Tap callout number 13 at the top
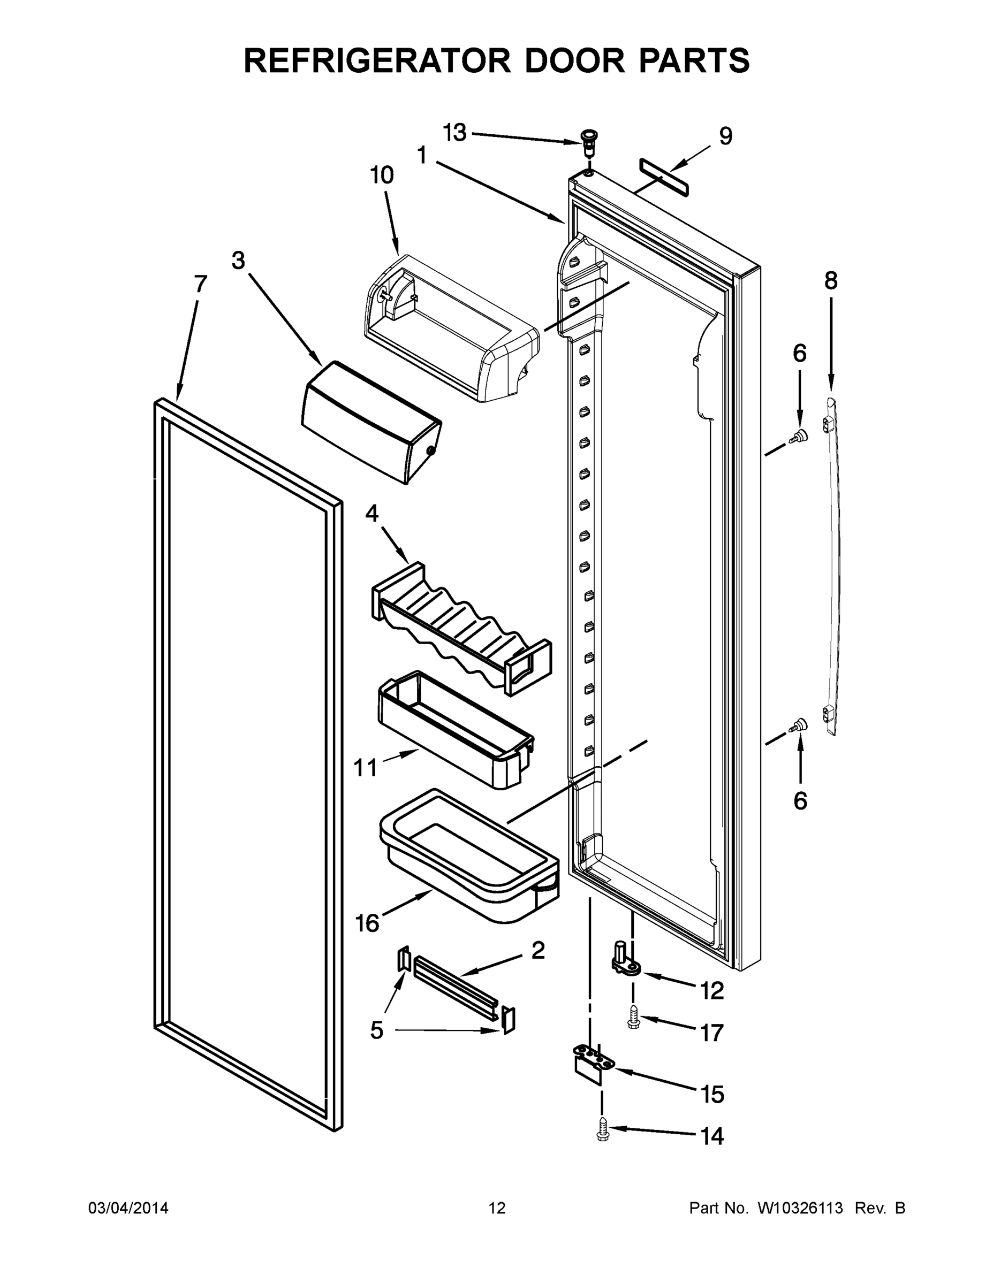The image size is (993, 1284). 454,133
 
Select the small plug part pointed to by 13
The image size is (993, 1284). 587,140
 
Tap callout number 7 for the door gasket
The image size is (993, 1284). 200,285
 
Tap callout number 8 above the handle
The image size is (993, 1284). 830,281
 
